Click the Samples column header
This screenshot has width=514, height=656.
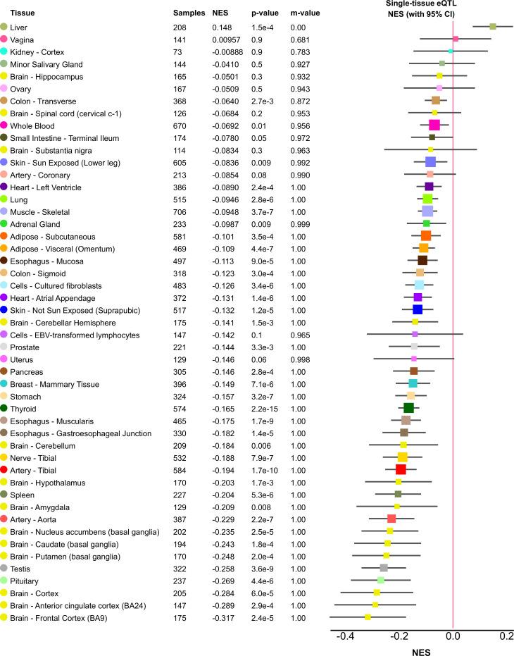[188, 13]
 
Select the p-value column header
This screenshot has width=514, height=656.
[256, 13]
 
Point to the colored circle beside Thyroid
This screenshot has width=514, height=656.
[4, 408]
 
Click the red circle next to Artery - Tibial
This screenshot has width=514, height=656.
[4, 470]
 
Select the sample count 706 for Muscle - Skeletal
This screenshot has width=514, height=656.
[182, 211]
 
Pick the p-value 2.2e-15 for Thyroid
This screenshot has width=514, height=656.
[258, 408]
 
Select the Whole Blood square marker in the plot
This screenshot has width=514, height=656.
[434, 125]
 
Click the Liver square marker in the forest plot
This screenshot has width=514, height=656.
[493, 26]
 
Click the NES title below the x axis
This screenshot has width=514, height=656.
[420, 651]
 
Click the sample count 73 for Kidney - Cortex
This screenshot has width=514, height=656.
[179, 51]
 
